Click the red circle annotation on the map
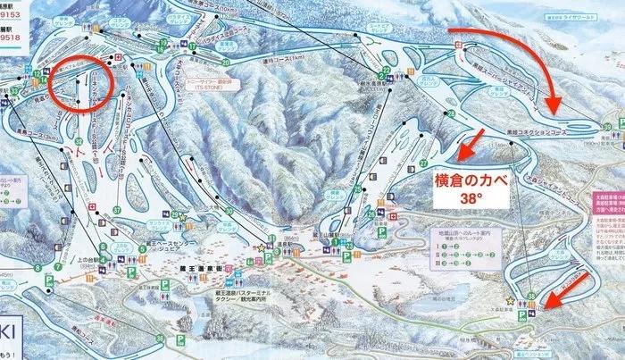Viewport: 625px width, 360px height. (79, 87)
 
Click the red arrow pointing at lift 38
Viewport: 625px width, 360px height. (565, 288)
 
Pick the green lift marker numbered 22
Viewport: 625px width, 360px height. (384, 69)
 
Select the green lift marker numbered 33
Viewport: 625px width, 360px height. (15, 91)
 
